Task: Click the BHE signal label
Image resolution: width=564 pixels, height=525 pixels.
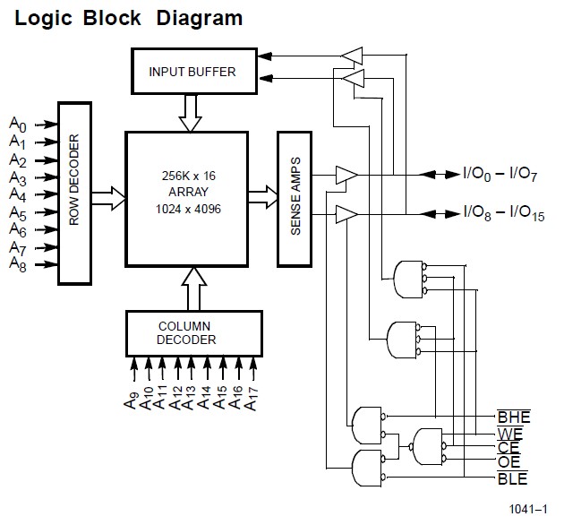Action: coord(514,417)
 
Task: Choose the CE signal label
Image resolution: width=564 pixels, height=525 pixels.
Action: coord(508,448)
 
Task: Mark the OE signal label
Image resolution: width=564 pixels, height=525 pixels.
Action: coord(508,462)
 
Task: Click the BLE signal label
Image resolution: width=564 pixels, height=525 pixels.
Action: coord(513,478)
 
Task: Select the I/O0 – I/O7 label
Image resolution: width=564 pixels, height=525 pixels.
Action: coord(498,174)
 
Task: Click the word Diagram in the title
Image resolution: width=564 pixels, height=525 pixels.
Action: coord(199,17)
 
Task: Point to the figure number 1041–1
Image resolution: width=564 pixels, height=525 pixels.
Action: coord(528,509)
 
